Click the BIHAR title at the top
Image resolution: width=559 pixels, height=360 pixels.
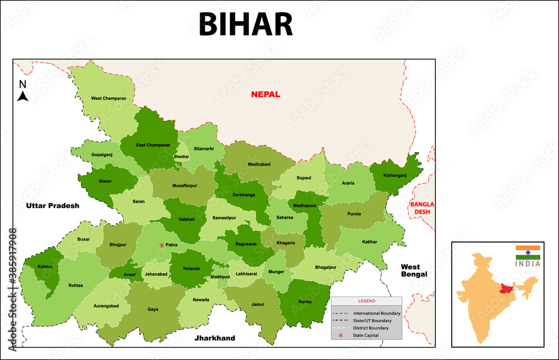tap(245, 25)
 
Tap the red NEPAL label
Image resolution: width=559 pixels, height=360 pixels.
tap(266, 94)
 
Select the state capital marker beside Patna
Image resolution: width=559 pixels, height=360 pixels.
tap(162, 245)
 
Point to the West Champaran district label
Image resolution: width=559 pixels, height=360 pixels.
tap(108, 98)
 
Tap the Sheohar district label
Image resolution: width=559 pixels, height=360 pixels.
tap(182, 157)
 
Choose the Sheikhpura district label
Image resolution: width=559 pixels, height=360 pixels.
tap(220, 277)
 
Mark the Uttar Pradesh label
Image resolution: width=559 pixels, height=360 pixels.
tap(53, 206)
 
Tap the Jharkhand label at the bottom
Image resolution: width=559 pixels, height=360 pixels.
tap(215, 338)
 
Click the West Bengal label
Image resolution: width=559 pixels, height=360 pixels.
tap(414, 271)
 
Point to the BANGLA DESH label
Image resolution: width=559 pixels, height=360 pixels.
tap(422, 208)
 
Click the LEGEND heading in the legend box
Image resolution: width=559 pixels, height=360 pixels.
tap(367, 301)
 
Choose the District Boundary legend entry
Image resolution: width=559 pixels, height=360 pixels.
tap(371, 328)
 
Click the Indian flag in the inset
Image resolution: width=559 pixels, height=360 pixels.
tap(528, 252)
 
